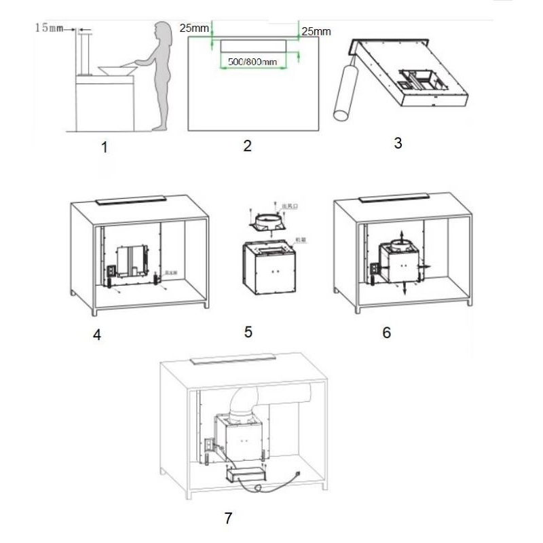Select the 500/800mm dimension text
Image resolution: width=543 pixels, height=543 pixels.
tap(252, 62)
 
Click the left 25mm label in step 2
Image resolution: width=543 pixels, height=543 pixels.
tap(194, 29)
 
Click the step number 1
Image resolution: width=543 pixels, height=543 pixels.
tap(104, 147)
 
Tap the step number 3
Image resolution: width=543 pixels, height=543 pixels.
tap(398, 143)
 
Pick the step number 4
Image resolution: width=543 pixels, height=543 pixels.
tap(97, 335)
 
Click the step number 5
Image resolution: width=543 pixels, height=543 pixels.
tap(248, 332)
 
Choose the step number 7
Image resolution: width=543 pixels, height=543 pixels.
tap(228, 518)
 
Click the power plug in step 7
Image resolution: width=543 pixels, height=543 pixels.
tap(297, 476)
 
